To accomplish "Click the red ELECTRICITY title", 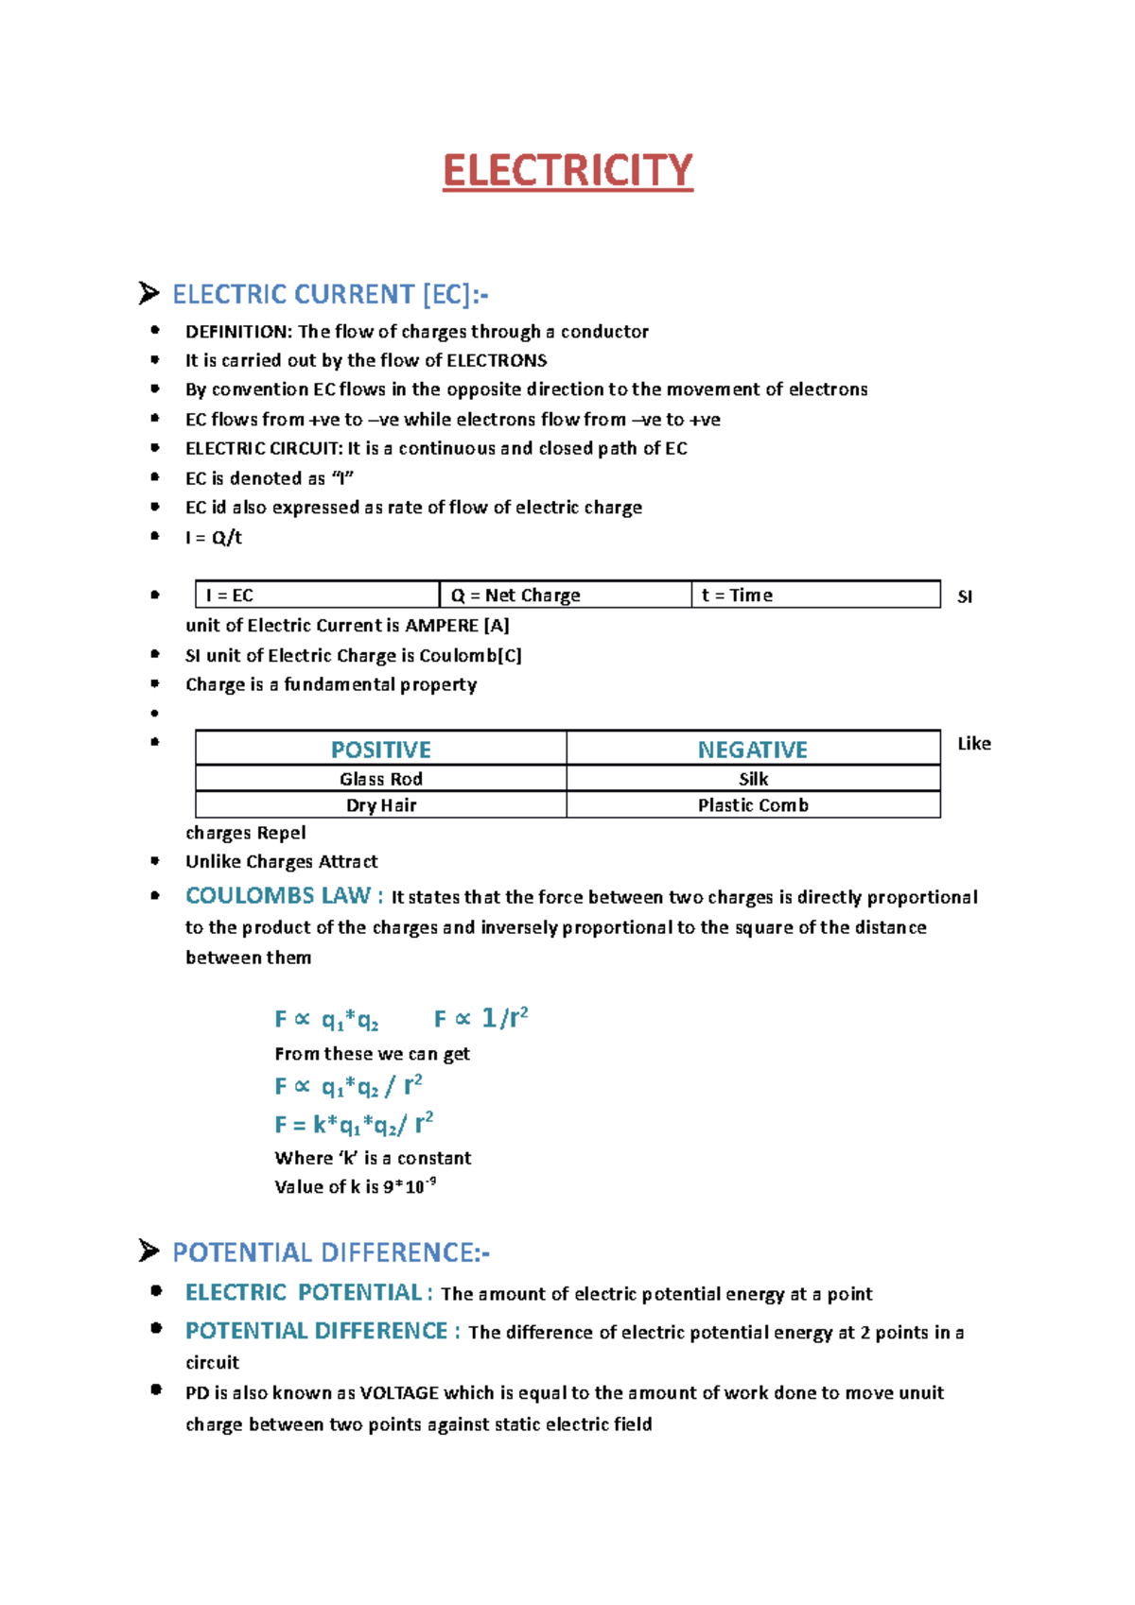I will [567, 171].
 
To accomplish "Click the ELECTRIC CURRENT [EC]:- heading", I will [329, 295].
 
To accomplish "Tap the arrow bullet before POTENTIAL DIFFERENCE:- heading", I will [148, 1251].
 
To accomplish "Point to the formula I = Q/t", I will [214, 538].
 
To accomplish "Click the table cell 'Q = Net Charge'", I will [515, 595].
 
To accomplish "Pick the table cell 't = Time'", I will [737, 595].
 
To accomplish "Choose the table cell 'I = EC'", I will [229, 595].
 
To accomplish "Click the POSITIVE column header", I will [380, 750].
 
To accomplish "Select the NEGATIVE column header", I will [752, 750].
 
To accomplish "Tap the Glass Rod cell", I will [380, 779].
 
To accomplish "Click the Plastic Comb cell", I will [752, 805].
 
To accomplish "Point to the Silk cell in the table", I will [753, 779].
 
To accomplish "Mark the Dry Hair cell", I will [380, 805].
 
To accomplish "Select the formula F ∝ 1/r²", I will [480, 1018].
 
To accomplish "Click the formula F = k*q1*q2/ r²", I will [354, 1125].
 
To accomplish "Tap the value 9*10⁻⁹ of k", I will [409, 1186].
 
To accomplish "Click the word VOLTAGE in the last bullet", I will [399, 1393].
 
